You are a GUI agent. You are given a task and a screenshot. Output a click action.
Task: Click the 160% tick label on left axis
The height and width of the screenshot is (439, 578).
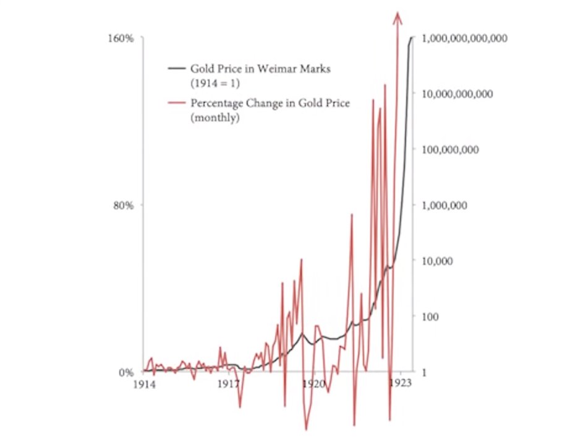pos(122,38)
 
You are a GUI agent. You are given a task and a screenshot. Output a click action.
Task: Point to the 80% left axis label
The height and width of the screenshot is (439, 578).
pos(124,206)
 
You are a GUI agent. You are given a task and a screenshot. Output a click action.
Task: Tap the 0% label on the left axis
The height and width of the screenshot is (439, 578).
pos(126,373)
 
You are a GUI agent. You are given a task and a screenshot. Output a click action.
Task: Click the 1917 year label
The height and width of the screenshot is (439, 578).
pos(229,384)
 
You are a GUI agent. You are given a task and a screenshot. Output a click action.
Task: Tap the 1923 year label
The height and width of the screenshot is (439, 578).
pos(401,384)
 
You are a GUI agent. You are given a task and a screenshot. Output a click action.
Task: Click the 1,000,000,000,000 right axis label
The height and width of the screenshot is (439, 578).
pos(464,38)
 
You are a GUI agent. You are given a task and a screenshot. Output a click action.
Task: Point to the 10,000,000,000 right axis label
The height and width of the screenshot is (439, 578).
pos(457,94)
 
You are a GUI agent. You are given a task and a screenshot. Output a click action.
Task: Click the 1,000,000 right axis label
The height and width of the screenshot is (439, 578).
pos(444,206)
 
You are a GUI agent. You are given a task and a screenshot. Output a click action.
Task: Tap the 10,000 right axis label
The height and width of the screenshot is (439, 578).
pos(436,261)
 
